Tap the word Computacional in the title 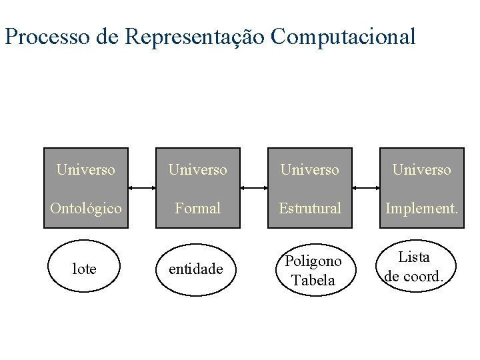click(x=343, y=37)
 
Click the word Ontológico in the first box click(x=86, y=209)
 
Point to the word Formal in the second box click(x=198, y=209)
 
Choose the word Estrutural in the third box click(x=310, y=209)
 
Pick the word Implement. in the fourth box click(x=422, y=209)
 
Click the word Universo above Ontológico click(x=86, y=170)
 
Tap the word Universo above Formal click(x=198, y=170)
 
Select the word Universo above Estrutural click(x=310, y=170)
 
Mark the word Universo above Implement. click(x=422, y=170)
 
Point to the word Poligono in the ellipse click(x=313, y=261)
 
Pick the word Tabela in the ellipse click(x=313, y=280)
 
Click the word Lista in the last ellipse click(x=414, y=257)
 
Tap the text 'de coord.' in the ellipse click(x=414, y=276)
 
